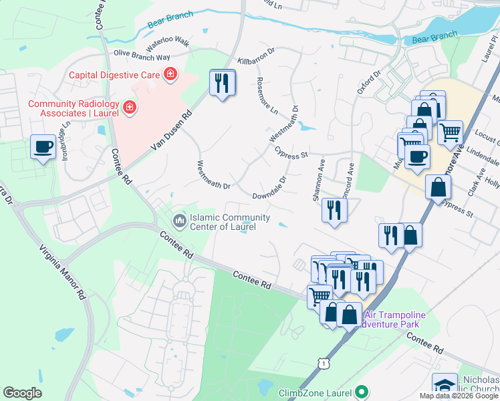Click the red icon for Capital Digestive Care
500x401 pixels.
(x=170, y=74)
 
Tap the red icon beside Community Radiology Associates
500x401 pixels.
(x=128, y=108)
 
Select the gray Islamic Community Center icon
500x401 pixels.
(x=179, y=220)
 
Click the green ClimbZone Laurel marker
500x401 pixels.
(x=362, y=392)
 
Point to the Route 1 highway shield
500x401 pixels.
(x=324, y=362)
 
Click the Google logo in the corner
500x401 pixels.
(x=22, y=393)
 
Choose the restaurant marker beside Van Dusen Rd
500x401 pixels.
(x=223, y=83)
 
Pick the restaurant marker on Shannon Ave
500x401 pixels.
(x=332, y=209)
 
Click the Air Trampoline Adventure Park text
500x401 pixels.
(x=390, y=319)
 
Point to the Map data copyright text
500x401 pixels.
(x=459, y=396)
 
